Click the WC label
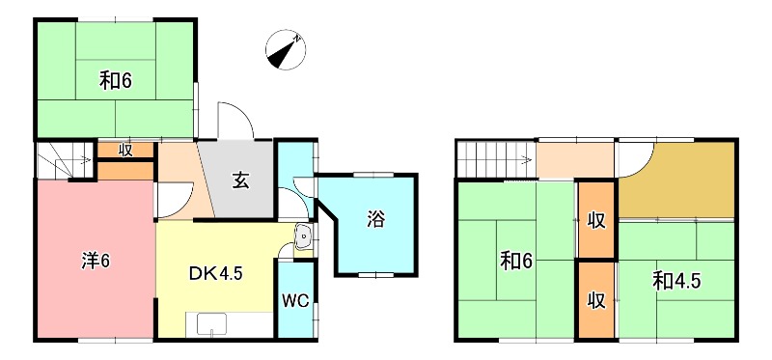pyautogui.click(x=295, y=300)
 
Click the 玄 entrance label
pyautogui.click(x=241, y=180)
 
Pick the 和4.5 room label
pyautogui.click(x=676, y=281)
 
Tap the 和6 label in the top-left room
pyautogui.click(x=115, y=80)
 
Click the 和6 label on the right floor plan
pyautogui.click(x=515, y=261)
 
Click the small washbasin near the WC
pyautogui.click(x=302, y=235)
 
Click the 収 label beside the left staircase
pyautogui.click(x=125, y=150)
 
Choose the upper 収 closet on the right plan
pyautogui.click(x=597, y=220)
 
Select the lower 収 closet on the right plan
pyautogui.click(x=597, y=299)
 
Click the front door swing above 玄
pyautogui.click(x=235, y=120)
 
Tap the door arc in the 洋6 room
pyautogui.click(x=170, y=200)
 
